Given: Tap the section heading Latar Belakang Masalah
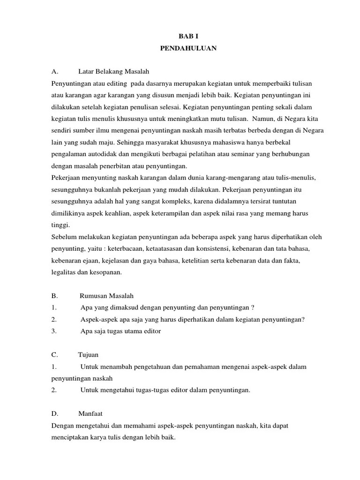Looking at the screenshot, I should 114,71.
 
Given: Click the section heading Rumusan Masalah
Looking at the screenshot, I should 107,296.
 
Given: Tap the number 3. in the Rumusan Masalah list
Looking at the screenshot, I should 54,331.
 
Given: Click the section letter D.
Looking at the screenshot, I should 54,414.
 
